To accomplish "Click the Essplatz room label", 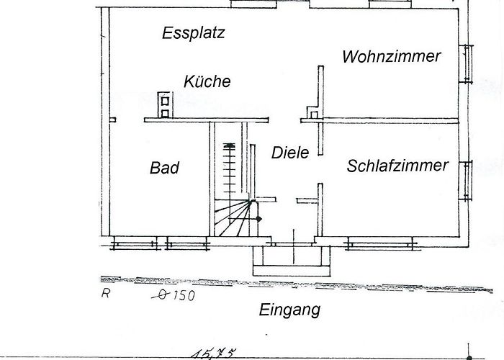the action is point(193,33).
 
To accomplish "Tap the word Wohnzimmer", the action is point(391,57).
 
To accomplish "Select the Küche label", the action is point(207,81).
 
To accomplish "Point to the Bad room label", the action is point(164,168).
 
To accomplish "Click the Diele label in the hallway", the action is point(290,153).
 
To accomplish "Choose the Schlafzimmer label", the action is point(397,166).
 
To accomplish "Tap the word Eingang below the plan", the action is point(289,310).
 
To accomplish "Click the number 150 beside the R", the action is point(184,295).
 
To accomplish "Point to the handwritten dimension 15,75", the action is point(214,354).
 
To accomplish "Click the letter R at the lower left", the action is point(105,293).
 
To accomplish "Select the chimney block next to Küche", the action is point(165,105).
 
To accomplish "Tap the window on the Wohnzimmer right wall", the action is point(466,64).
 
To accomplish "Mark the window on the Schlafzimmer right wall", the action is point(466,180).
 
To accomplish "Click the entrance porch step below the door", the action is point(292,271).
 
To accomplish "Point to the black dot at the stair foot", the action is point(258,219).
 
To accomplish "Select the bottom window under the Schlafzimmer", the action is point(381,243).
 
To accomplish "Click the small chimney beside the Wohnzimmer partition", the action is point(313,112).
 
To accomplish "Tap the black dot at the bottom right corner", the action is point(469,358).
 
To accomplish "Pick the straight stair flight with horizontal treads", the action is point(229,168).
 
